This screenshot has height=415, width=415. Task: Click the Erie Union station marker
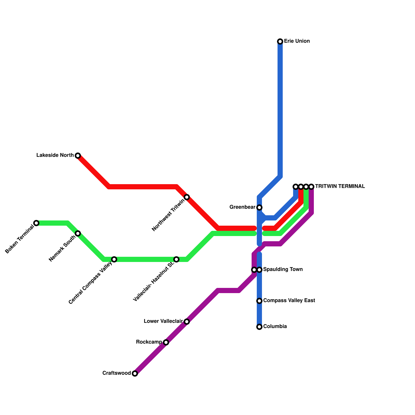pos(280,41)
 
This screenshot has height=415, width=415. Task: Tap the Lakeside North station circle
pos(78,156)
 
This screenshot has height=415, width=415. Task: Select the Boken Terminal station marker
pos(36,223)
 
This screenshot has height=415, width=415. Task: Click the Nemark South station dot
pos(78,233)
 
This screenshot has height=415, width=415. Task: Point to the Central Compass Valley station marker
pos(114,259)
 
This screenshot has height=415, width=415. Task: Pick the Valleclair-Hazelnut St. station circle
pos(176,259)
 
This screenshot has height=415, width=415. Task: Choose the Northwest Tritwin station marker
pos(187,197)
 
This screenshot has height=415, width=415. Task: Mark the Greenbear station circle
pos(259,208)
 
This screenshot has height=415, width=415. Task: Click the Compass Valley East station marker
pos(259,301)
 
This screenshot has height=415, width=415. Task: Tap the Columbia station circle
pos(259,327)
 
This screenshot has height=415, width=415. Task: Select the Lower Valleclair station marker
pos(187,322)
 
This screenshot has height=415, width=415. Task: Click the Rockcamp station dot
pos(166,342)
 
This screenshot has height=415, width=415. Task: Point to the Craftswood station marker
pos(135,374)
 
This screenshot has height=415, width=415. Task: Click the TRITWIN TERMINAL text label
pos(340,186)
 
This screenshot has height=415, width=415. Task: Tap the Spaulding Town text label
pos(283,269)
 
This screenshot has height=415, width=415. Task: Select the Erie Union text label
pos(297,41)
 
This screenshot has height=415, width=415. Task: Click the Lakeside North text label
pos(55,155)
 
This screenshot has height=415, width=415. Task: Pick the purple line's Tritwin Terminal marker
pos(311,187)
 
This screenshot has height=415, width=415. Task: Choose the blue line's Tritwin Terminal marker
pos(296,187)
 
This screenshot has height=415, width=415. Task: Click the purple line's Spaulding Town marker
pos(254,270)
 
